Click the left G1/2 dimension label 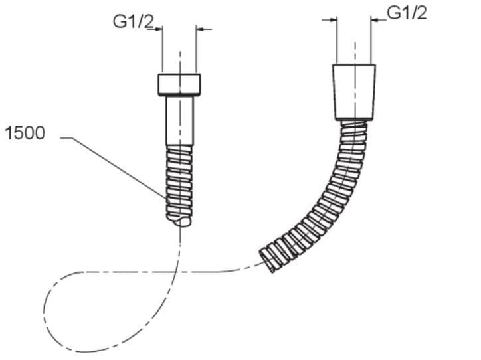tap(133, 21)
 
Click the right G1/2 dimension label tap(407, 13)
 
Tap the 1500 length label tap(25, 133)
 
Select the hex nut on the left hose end tap(179, 84)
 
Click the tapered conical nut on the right tap(354, 92)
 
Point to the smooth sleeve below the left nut tap(180, 120)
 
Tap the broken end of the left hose tap(181, 221)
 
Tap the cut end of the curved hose tap(267, 260)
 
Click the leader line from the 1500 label tap(113, 167)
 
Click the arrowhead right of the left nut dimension tap(200, 29)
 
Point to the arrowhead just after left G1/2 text tap(158, 29)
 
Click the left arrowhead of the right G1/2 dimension tap(333, 20)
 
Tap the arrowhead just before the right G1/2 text tap(375, 20)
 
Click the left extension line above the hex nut tap(163, 49)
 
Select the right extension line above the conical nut tap(371, 40)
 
